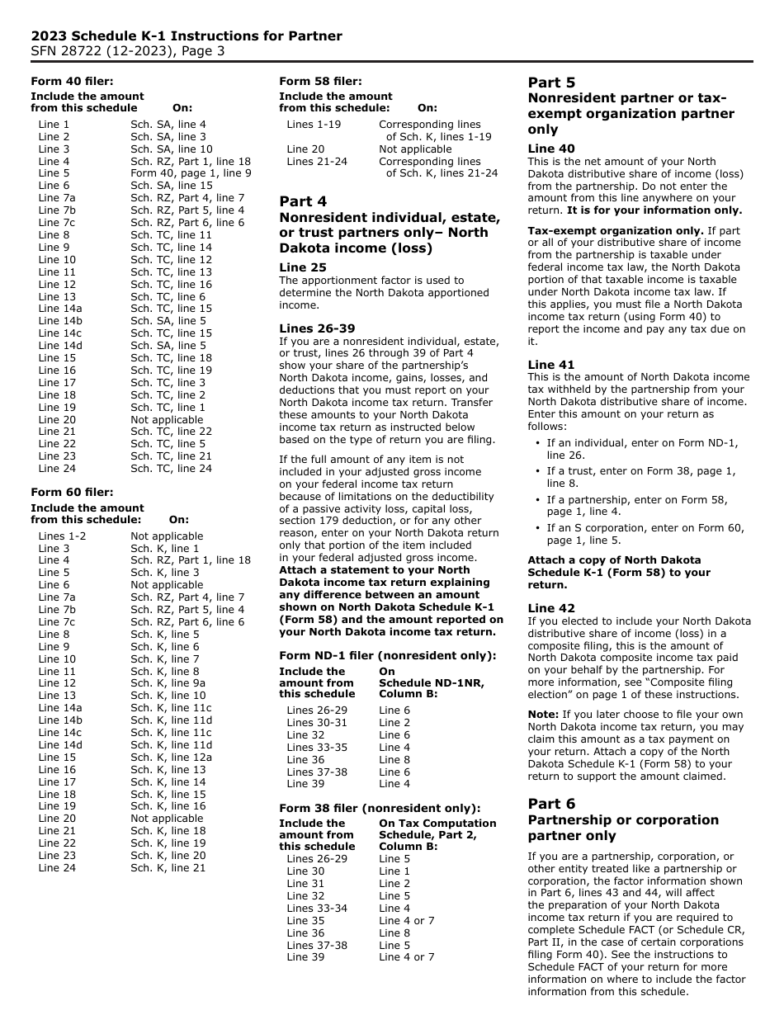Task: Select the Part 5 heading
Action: pyautogui.click(x=551, y=83)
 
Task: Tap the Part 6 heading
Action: pyautogui.click(x=551, y=804)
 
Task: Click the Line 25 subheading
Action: pyautogui.click(x=303, y=267)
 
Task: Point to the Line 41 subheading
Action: pyautogui.click(x=551, y=365)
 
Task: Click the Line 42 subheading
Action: pyautogui.click(x=551, y=608)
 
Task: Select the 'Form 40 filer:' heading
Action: pyautogui.click(x=72, y=81)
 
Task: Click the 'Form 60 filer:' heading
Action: pyautogui.click(x=72, y=493)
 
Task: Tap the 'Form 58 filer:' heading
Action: pyautogui.click(x=320, y=81)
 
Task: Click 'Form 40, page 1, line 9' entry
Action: pyautogui.click(x=191, y=173)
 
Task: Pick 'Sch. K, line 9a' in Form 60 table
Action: pyautogui.click(x=168, y=683)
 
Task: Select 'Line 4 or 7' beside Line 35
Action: pyautogui.click(x=406, y=920)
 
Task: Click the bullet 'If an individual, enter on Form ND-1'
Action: pyautogui.click(x=642, y=443)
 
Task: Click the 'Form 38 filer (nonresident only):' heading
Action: pyautogui.click(x=379, y=808)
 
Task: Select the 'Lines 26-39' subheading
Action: pyautogui.click(x=317, y=328)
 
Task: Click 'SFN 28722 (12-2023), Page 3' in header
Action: pyautogui.click(x=128, y=50)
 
